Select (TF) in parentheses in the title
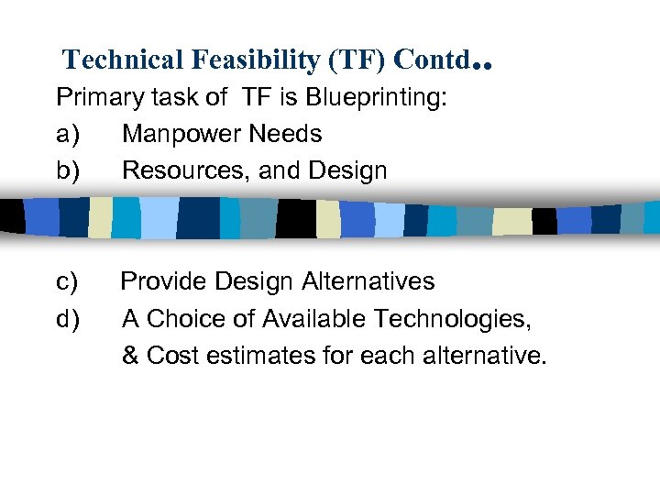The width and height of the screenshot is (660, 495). (x=354, y=60)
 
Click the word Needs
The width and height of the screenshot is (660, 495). (x=285, y=134)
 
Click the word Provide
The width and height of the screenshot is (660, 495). (x=161, y=281)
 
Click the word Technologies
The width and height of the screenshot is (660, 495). (x=460, y=319)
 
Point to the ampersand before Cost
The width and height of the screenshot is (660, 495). (x=130, y=356)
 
